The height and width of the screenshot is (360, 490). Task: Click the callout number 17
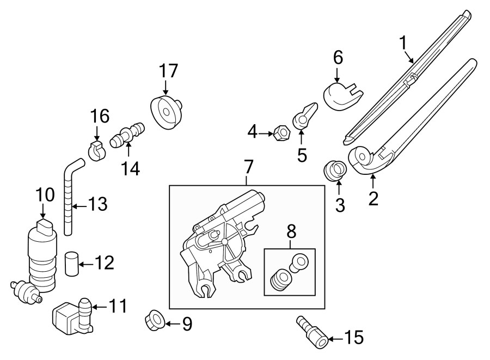[168, 71]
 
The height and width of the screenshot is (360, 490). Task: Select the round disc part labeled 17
[165, 112]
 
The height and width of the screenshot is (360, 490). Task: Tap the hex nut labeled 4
[281, 132]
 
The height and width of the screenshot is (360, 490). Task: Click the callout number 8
[291, 231]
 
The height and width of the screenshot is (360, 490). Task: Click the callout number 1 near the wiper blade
[403, 42]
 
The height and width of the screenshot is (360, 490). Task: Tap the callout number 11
[118, 306]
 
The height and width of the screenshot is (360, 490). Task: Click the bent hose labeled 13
[68, 196]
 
